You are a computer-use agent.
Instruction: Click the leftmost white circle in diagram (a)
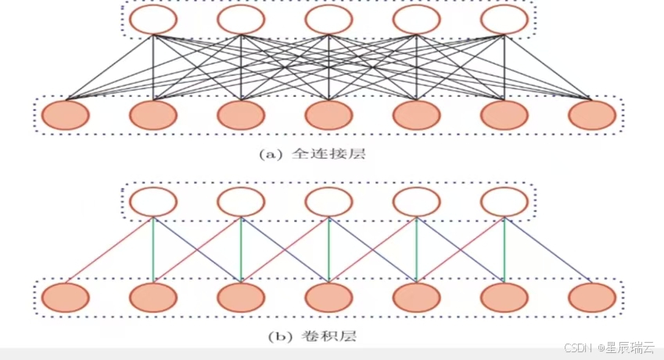click(154, 20)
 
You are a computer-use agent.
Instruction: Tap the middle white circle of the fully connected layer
click(329, 20)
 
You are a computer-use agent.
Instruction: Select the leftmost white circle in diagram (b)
click(154, 202)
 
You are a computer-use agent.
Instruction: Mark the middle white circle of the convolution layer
click(329, 202)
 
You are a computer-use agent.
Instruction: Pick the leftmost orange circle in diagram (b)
click(66, 297)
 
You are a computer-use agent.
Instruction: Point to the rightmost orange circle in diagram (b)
click(592, 297)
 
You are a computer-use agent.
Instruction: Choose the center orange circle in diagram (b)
click(329, 297)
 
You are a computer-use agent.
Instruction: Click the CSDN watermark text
click(577, 347)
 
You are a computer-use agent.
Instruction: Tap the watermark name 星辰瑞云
click(630, 347)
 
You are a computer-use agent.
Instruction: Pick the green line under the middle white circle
click(329, 249)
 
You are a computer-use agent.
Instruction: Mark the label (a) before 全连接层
click(269, 154)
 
